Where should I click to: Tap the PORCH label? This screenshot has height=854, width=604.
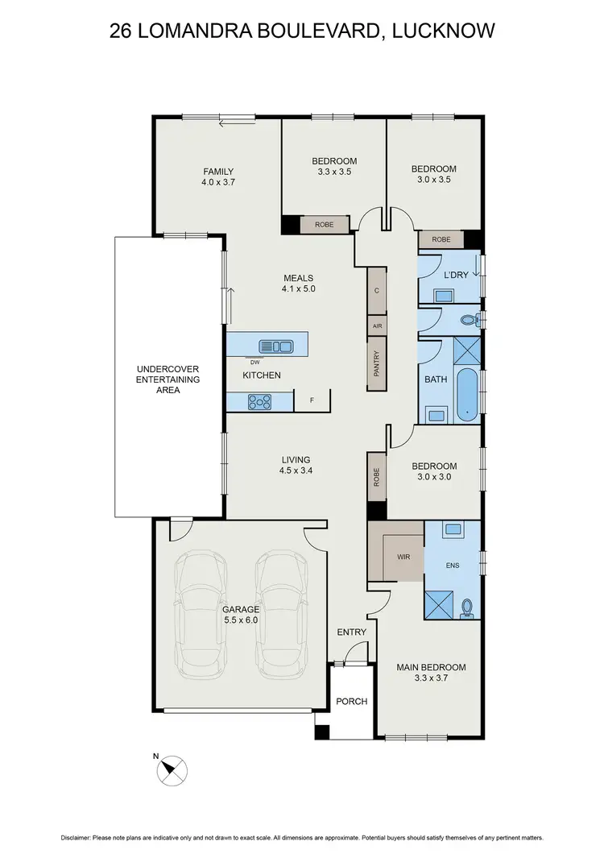tap(351, 701)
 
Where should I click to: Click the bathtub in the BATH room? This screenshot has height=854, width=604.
tap(466, 396)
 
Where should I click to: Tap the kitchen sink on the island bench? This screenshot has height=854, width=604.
tap(275, 346)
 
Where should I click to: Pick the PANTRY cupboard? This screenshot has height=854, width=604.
tap(376, 363)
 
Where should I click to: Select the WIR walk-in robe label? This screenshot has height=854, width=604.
tap(403, 556)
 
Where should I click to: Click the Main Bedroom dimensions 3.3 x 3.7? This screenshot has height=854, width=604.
tap(431, 679)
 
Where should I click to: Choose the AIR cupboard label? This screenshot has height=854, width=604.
tap(376, 325)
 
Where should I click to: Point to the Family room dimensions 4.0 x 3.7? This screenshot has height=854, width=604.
tap(218, 183)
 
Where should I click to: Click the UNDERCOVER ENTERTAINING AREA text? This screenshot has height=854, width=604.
tap(168, 379)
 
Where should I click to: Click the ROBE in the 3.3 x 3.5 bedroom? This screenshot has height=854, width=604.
tap(324, 225)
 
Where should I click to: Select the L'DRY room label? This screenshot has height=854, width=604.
tap(457, 276)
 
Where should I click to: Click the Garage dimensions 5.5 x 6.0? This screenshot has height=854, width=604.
tap(242, 621)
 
